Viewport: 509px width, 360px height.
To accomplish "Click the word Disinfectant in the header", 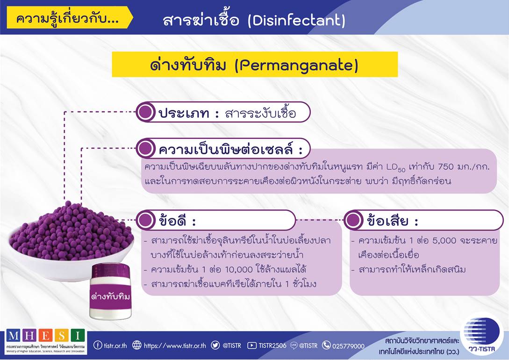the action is (x=296, y=21).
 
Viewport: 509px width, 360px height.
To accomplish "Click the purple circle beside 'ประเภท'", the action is (x=145, y=112).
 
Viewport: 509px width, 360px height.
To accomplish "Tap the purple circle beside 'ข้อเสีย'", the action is (x=353, y=220).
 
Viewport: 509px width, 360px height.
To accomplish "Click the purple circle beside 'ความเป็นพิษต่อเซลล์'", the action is (x=145, y=149).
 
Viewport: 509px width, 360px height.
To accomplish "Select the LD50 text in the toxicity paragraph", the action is (x=396, y=167).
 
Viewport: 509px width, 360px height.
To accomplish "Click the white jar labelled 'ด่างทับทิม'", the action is (x=111, y=291).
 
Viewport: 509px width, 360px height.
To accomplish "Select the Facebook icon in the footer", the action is (x=97, y=345).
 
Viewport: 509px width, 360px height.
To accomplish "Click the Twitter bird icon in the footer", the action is (x=215, y=345).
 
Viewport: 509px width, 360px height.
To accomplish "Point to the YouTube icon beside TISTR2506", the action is (x=251, y=346).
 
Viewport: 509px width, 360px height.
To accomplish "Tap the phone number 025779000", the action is (x=348, y=346).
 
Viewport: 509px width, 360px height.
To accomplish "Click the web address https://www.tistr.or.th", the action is (x=175, y=346).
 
